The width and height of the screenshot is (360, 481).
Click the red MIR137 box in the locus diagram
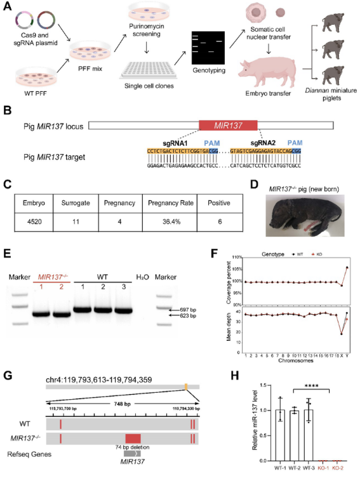(228, 126)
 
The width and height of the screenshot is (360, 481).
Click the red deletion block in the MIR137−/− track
(133, 438)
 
